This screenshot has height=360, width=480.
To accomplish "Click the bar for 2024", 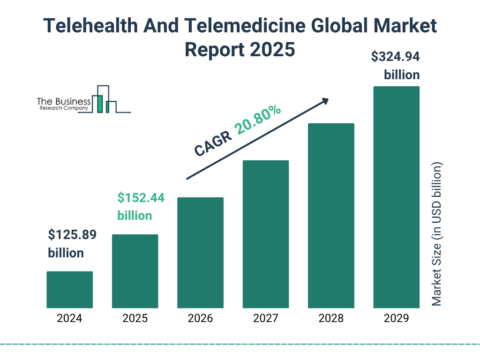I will [x=69, y=290].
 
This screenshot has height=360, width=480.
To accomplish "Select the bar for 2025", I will [x=135, y=271].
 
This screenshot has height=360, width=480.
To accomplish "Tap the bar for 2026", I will [x=200, y=253].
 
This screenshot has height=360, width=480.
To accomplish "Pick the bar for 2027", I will [x=266, y=234].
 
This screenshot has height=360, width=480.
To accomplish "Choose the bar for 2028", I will [x=331, y=216].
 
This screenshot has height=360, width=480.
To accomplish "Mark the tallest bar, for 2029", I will [x=396, y=197].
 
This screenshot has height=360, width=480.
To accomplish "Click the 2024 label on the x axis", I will [x=69, y=319].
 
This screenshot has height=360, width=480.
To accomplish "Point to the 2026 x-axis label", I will [x=200, y=319].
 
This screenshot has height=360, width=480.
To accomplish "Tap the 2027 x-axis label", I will [x=266, y=319].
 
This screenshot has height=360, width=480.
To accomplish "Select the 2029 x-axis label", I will [x=396, y=319].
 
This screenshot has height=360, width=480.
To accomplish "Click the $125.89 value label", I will [x=72, y=235].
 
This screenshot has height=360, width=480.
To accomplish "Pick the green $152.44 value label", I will [x=141, y=198].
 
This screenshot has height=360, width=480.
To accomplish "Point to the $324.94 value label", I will [x=395, y=57].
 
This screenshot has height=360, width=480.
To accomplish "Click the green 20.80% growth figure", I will [x=258, y=120].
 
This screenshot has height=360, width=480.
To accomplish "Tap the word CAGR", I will [x=213, y=143].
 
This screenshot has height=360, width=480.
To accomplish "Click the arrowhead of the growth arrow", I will [x=324, y=101].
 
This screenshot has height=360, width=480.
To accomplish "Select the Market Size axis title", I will [x=437, y=234].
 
